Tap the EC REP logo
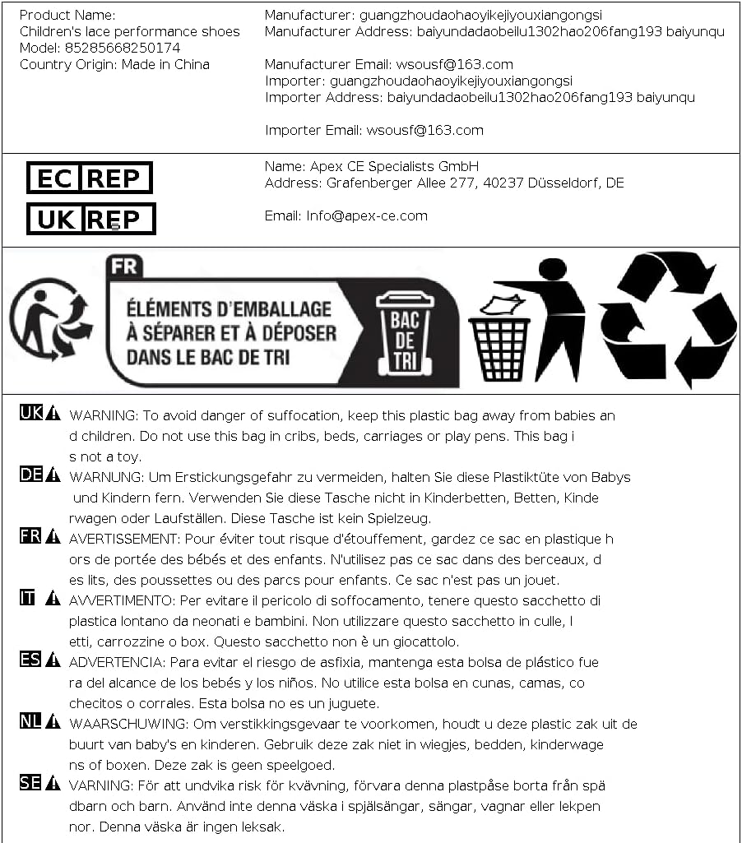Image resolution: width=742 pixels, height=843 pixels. click(90, 178)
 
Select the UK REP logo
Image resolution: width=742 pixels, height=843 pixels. click(90, 219)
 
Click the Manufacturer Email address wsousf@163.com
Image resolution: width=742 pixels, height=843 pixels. click(454, 64)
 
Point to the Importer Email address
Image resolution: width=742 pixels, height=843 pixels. click(424, 130)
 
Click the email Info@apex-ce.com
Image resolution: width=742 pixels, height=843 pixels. click(367, 215)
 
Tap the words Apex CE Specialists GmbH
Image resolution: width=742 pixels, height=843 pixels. click(394, 166)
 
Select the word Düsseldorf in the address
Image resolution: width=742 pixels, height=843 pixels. click(567, 183)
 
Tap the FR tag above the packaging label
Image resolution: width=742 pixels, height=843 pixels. click(124, 266)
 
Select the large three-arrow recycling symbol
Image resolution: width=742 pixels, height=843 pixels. click(667, 319)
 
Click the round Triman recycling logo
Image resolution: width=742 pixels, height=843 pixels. click(51, 319)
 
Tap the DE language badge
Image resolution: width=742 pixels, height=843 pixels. click(30, 475)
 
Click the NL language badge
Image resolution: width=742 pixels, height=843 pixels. click(30, 722)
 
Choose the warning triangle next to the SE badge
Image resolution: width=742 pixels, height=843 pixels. click(53, 784)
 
